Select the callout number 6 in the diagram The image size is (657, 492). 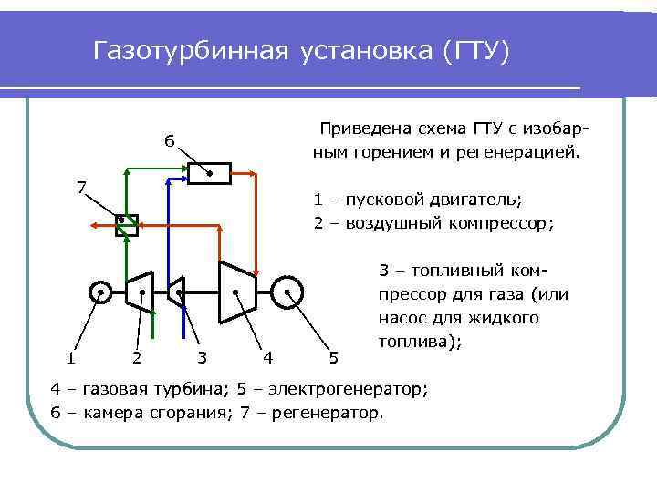click(170, 141)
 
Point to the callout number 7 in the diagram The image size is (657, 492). click(81, 189)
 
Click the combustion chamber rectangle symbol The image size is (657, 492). click(209, 173)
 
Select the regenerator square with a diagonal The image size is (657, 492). click(126, 224)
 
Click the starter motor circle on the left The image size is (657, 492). click(100, 292)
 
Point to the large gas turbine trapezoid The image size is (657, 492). click(236, 292)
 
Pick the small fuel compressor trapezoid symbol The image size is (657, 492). click(178, 292)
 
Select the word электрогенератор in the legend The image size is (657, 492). click(357, 390)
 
